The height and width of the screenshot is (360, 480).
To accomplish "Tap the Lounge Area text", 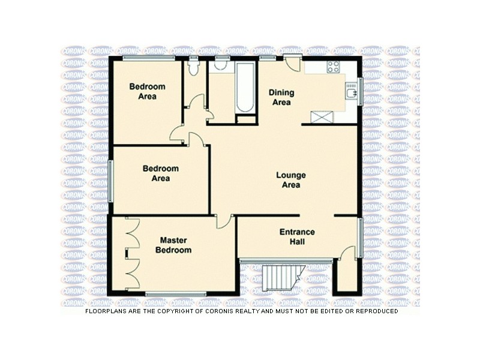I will coord(291,180).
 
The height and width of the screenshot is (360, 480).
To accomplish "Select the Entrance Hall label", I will coord(297,237).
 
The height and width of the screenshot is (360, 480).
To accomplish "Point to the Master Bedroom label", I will coord(173,245).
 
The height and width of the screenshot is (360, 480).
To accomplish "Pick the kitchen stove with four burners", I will coord(333,67).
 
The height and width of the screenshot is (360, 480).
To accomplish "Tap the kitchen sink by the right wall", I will coord(351,91).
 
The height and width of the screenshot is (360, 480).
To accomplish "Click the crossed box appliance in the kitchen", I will coord(319,117).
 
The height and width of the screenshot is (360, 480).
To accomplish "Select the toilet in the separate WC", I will coord(193,67).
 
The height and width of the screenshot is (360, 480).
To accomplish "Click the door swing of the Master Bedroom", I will coord(223,221).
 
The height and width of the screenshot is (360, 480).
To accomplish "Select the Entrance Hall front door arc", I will coord(347,253).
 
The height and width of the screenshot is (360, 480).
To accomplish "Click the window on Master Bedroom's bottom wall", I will coord(176,294).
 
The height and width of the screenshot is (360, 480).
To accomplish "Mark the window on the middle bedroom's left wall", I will coord(110,181).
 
